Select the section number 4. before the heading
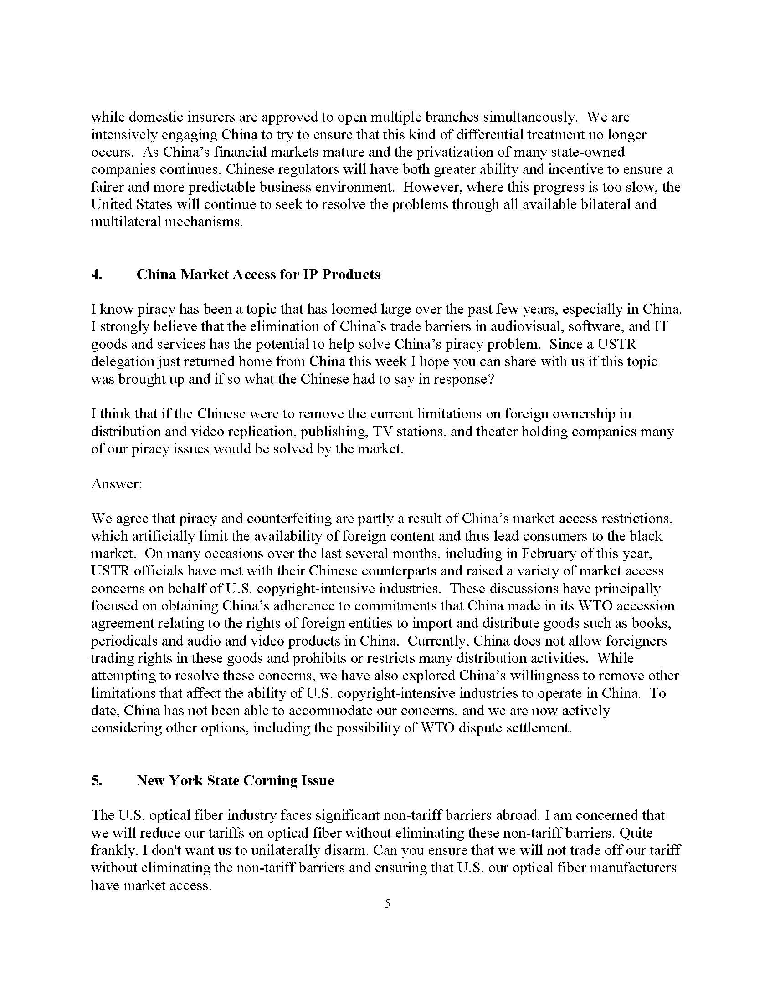(x=97, y=275)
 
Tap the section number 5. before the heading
(x=97, y=780)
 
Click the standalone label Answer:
(x=117, y=484)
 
